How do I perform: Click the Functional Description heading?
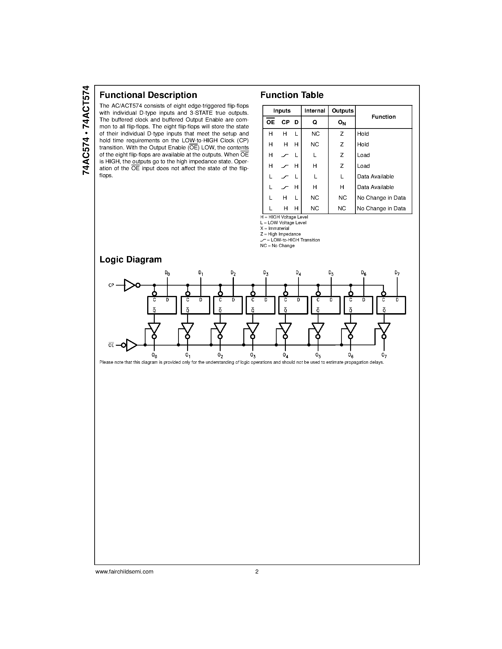point(148,95)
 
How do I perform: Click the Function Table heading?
point(292,95)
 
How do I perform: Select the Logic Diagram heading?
point(131,259)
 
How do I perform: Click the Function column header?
point(383,117)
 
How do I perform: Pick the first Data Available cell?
point(375,177)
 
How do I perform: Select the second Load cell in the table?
point(363,166)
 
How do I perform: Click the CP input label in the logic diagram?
point(111,285)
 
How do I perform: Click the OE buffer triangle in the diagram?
point(131,345)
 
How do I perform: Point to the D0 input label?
point(167,273)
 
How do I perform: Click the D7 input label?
point(397,273)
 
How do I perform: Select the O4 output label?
point(285,355)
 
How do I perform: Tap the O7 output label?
point(384,355)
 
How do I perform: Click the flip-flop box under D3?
point(261,305)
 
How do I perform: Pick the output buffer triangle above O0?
point(154,328)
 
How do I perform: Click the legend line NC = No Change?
point(277,246)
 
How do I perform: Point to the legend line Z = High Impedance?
point(280,234)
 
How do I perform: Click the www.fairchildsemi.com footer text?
point(124,571)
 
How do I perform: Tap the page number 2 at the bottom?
point(257,571)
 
